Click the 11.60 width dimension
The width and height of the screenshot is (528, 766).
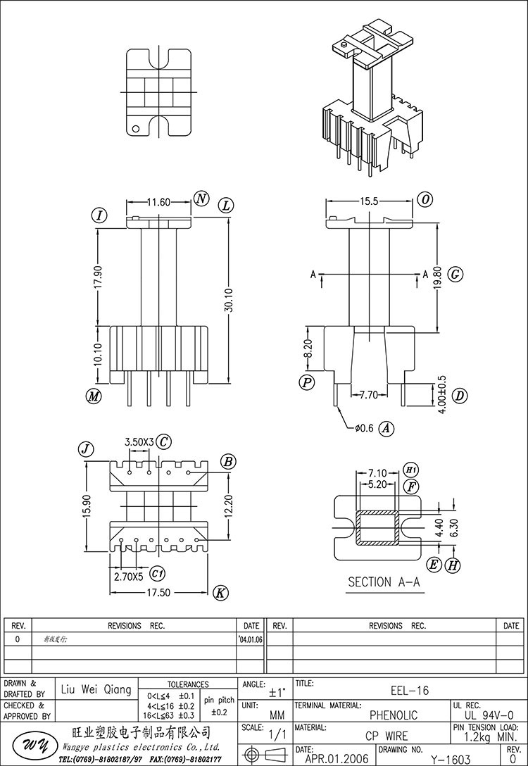click(x=158, y=202)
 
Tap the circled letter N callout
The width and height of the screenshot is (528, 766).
click(x=201, y=199)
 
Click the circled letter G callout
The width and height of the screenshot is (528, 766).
click(x=455, y=274)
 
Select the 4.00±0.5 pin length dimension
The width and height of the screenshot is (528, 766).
click(x=441, y=395)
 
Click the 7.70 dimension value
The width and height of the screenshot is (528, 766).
click(x=369, y=395)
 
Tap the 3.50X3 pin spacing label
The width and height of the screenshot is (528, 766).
click(x=139, y=442)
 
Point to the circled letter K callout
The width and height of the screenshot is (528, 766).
click(x=220, y=593)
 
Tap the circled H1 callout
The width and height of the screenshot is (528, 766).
click(x=412, y=470)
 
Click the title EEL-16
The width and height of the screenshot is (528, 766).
click(x=409, y=691)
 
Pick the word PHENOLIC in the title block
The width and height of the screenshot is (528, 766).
click(x=394, y=715)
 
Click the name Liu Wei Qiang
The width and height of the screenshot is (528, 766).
click(x=97, y=690)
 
